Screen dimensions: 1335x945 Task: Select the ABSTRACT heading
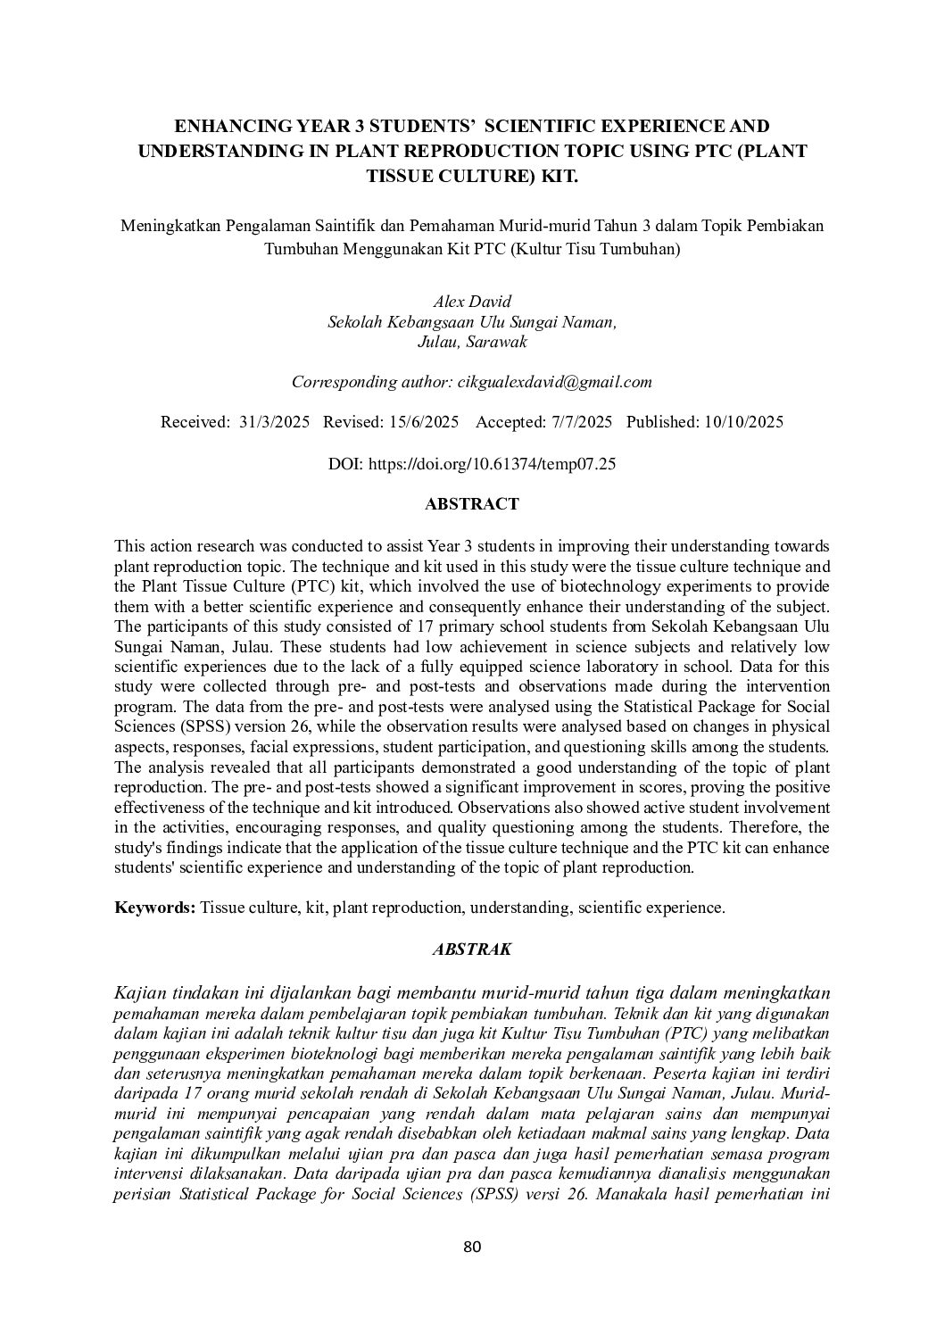click(471, 504)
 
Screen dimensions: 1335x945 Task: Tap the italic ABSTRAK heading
click(471, 949)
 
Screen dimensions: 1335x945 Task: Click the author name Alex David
click(471, 302)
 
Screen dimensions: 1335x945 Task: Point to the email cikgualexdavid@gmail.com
click(554, 382)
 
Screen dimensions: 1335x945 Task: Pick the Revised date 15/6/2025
click(424, 422)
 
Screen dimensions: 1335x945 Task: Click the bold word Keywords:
click(154, 908)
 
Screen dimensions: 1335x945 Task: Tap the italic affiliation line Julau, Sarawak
click(471, 342)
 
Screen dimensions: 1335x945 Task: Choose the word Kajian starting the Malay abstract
click(140, 993)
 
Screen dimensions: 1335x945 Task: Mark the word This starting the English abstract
click(130, 545)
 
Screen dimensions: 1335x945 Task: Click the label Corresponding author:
click(372, 382)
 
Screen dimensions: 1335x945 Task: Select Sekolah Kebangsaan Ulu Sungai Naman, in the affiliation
click(471, 321)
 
